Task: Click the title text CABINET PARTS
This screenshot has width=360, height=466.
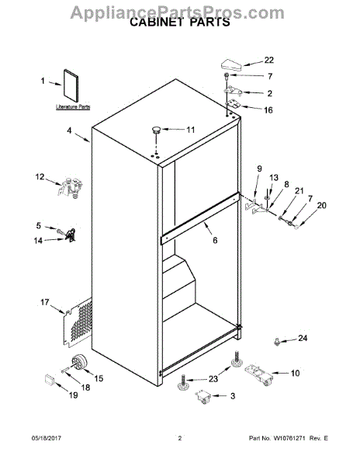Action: [179, 23]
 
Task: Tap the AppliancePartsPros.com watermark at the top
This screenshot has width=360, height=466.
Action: [179, 9]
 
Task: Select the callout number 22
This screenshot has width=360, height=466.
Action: [268, 60]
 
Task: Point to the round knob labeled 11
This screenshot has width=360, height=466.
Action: [157, 129]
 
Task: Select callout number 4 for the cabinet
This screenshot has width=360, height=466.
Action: [70, 132]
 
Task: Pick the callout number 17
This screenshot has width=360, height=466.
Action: [45, 302]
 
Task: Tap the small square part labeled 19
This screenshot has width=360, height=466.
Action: [51, 380]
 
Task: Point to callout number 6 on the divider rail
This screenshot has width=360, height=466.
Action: [215, 240]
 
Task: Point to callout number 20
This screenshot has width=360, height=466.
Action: [322, 206]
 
